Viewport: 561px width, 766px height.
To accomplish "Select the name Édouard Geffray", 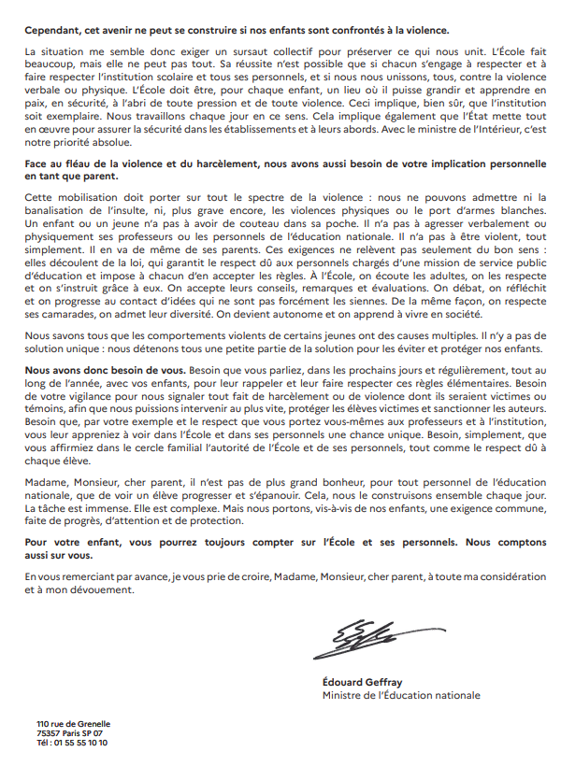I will pyautogui.click(x=359, y=681).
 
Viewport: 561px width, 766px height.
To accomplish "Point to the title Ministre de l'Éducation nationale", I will pyautogui.click(x=401, y=695).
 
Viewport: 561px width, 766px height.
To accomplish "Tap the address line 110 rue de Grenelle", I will pyautogui.click(x=73, y=726).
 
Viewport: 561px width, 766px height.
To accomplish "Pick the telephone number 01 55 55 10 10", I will pyautogui.click(x=82, y=743).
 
